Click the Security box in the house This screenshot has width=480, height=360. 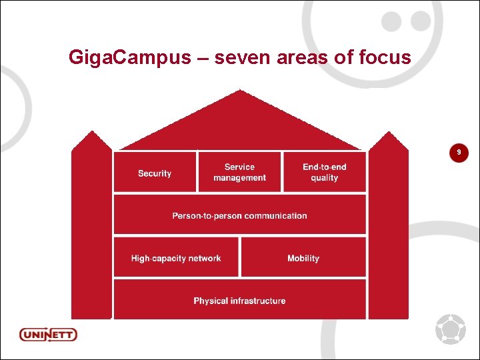pyautogui.click(x=155, y=173)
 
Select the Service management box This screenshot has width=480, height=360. pyautogui.click(x=239, y=173)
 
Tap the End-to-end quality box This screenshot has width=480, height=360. pyautogui.click(x=325, y=173)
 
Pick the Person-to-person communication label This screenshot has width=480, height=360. pyautogui.click(x=239, y=216)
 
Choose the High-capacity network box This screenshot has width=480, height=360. pyautogui.click(x=176, y=258)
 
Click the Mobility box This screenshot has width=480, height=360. pyautogui.click(x=303, y=258)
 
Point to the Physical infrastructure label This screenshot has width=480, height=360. pyautogui.click(x=239, y=301)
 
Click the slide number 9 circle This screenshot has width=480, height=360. pyautogui.click(x=459, y=153)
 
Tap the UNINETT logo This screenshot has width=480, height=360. pyautogui.click(x=48, y=334)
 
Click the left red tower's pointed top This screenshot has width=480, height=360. pyautogui.click(x=92, y=135)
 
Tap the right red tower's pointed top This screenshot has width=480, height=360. pyautogui.click(x=389, y=135)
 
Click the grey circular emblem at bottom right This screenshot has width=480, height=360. pyautogui.click(x=450, y=329)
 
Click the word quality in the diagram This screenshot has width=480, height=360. pyautogui.click(x=325, y=178)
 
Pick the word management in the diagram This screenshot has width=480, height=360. pyautogui.click(x=239, y=178)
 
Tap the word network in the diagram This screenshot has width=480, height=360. pyautogui.click(x=203, y=258)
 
